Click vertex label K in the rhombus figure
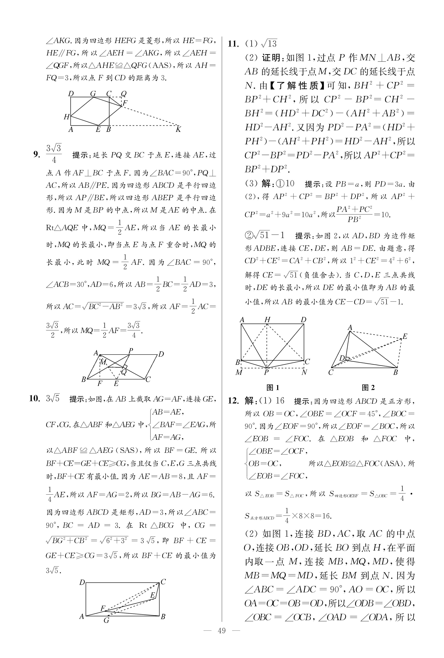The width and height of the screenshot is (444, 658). (178, 130)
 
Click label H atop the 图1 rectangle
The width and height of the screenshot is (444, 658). (267, 320)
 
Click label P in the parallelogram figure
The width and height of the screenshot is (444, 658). (131, 351)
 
